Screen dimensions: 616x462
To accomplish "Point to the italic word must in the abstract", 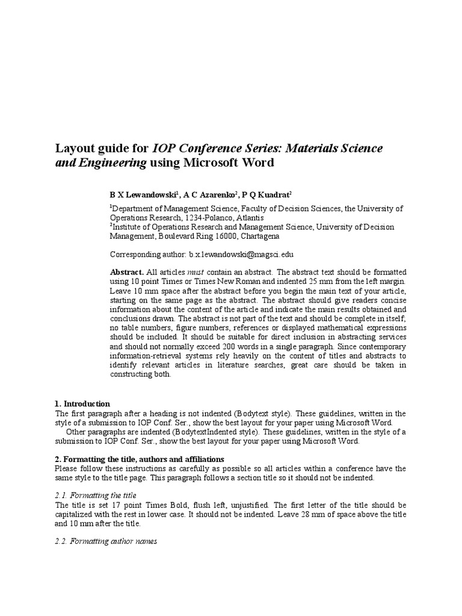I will [x=197, y=272].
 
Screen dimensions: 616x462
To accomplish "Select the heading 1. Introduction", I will [x=82, y=404].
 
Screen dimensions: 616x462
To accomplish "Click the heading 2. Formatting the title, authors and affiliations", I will [x=139, y=459].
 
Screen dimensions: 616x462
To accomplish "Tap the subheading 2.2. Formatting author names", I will [x=105, y=541].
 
